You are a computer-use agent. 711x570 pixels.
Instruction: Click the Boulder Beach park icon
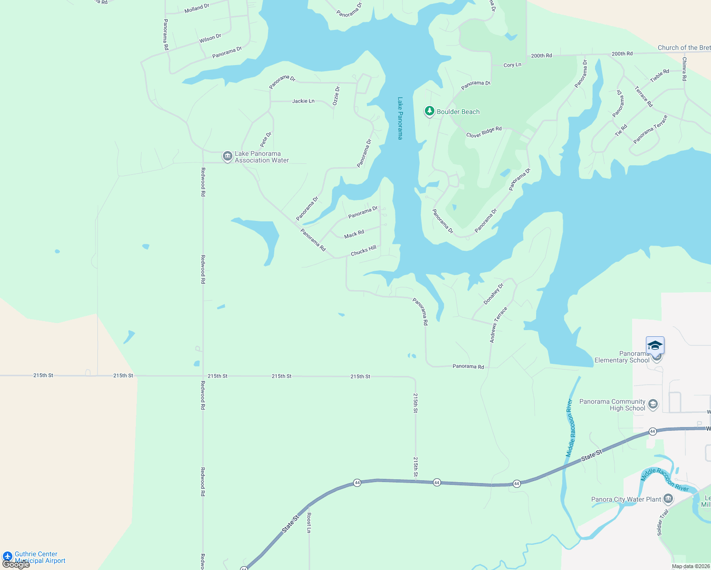(430, 111)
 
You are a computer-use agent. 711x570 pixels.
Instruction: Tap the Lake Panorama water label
(400, 118)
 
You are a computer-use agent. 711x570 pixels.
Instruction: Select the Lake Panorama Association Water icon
(228, 156)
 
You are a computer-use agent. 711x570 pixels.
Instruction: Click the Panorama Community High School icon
(653, 404)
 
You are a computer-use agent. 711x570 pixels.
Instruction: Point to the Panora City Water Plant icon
(668, 499)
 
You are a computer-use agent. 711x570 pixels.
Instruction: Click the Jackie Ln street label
(303, 101)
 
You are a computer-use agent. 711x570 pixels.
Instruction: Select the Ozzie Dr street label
(336, 96)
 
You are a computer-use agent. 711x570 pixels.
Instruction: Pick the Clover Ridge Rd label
(484, 132)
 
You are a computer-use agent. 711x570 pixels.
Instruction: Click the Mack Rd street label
(354, 234)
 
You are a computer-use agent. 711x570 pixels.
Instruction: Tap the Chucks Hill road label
(364, 250)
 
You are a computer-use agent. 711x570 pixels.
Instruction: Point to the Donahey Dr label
(493, 294)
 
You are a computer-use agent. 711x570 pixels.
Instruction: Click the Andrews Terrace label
(499, 325)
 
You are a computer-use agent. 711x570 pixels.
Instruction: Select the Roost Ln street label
(309, 522)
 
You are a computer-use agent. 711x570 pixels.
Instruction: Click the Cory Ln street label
(512, 65)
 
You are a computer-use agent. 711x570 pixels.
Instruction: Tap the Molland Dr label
(197, 9)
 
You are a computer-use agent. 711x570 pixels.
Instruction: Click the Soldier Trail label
(663, 522)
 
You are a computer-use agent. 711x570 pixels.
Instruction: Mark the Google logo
(16, 564)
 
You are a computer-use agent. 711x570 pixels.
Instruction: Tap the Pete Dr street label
(266, 139)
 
